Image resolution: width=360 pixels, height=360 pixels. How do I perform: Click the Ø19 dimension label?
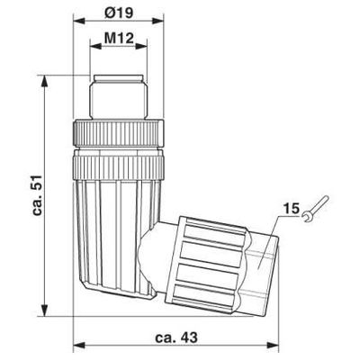click(x=120, y=13)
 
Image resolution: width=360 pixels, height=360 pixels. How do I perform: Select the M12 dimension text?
click(x=119, y=38)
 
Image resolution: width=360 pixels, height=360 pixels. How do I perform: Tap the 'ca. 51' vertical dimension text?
click(x=38, y=195)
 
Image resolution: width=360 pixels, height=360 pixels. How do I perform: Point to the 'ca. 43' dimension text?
click(x=176, y=337)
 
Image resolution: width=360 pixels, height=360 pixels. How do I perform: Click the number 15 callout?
click(x=292, y=208)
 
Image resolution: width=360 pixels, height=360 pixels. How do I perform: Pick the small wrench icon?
click(x=315, y=209)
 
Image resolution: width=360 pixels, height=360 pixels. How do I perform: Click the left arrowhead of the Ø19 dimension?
click(x=80, y=21)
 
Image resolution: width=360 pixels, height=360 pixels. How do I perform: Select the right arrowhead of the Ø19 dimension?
click(x=158, y=21)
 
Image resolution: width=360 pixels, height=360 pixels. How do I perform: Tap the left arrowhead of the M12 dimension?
click(x=96, y=47)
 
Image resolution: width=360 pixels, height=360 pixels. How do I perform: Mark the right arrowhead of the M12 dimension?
click(x=141, y=47)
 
